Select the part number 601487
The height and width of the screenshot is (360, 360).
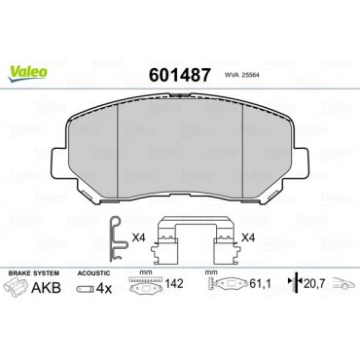point(179,75)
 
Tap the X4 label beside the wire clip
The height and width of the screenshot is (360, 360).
point(138,238)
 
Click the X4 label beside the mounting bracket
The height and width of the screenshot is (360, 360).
point(248,238)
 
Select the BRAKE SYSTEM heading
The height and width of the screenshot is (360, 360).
point(34,273)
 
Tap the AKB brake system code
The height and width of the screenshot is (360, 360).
point(46,287)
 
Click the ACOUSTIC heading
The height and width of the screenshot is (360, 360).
point(93,273)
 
